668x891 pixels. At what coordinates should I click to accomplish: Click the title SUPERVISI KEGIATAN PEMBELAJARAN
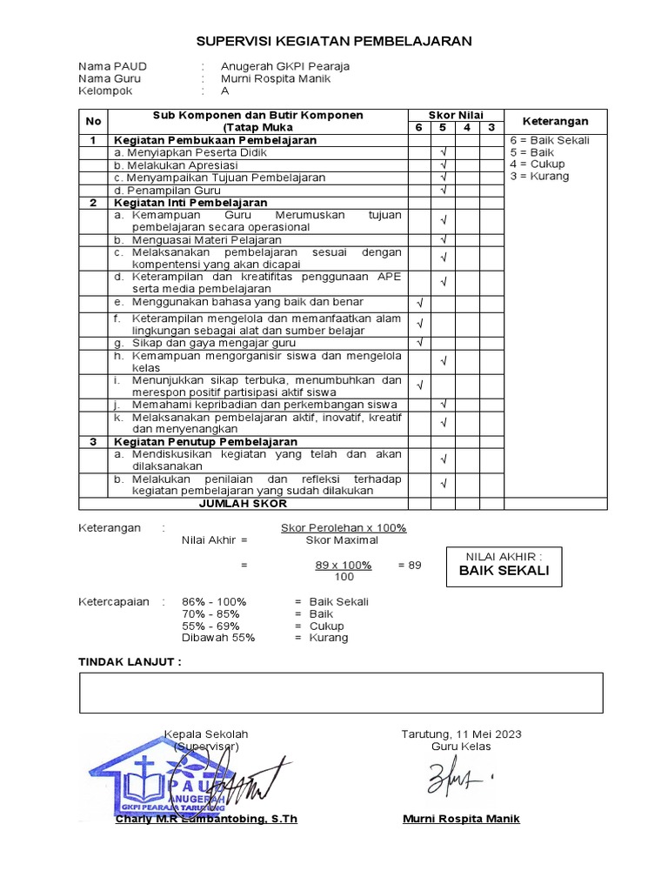click(x=334, y=41)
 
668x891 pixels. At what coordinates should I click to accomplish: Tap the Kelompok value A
click(x=225, y=90)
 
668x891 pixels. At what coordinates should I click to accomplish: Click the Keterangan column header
click(x=555, y=122)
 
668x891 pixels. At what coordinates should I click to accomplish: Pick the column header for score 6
click(x=419, y=128)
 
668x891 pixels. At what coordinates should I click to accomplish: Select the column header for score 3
click(x=491, y=128)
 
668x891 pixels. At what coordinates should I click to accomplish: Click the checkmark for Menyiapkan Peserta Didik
click(x=443, y=152)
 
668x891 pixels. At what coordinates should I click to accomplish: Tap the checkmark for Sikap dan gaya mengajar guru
click(x=419, y=343)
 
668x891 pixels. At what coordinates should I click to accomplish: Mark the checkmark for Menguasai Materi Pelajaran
click(x=443, y=239)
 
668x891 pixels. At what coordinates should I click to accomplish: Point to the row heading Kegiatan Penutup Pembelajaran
click(x=205, y=442)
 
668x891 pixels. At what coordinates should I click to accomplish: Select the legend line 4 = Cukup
click(x=538, y=164)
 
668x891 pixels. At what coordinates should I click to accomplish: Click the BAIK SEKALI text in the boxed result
click(x=504, y=571)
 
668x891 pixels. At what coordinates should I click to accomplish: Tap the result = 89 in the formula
click(x=410, y=565)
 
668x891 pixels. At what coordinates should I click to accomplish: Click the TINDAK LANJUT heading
click(x=130, y=662)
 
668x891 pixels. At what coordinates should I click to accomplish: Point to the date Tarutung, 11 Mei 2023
click(x=461, y=734)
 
